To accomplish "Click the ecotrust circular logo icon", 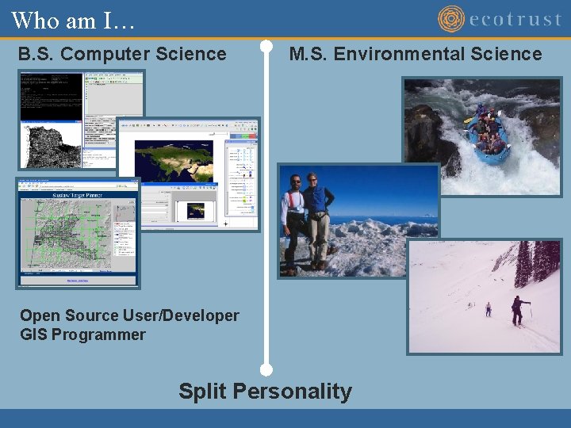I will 451,19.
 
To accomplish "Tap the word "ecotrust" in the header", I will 515,19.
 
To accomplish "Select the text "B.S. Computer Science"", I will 122,54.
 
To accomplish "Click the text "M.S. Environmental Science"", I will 416,54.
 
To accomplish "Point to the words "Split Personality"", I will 265,391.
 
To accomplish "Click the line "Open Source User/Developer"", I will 129,315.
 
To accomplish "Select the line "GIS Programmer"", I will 82,334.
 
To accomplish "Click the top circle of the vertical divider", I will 266,46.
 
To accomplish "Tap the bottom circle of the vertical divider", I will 266,369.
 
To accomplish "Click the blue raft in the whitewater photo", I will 487,139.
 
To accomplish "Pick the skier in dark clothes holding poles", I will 518,310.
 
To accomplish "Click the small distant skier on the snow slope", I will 488,308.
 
